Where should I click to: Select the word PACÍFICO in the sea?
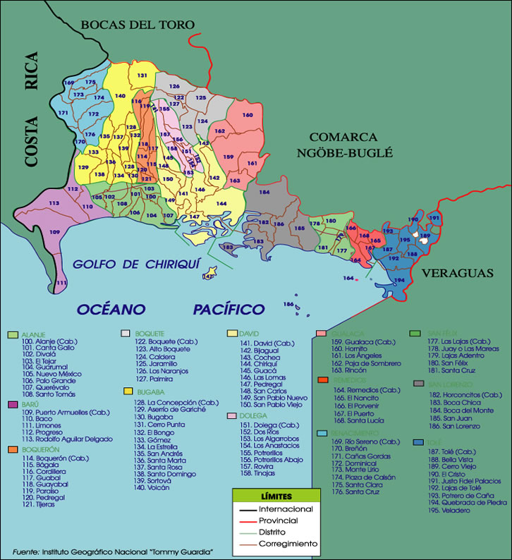pos(229,309)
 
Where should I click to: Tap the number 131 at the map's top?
pos(142,75)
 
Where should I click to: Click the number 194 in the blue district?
pos(399,280)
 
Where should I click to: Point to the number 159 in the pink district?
pos(228,157)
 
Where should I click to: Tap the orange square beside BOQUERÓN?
pos(12,449)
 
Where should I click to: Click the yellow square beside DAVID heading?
pos(232,333)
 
